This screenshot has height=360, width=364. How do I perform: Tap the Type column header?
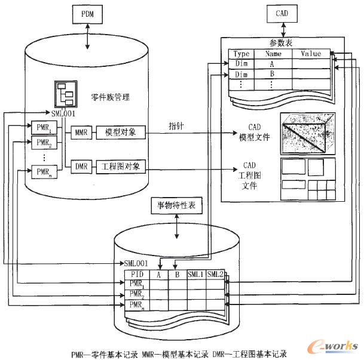(241, 54)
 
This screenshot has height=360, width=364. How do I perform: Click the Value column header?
(310, 54)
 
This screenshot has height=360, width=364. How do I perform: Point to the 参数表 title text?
(280, 43)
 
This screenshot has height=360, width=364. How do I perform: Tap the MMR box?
(80, 132)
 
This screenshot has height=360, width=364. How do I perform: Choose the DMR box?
(80, 166)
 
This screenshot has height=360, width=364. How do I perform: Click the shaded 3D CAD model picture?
(308, 133)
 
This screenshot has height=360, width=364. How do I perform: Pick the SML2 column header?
(216, 275)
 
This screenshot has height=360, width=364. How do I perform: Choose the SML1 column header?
(196, 275)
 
